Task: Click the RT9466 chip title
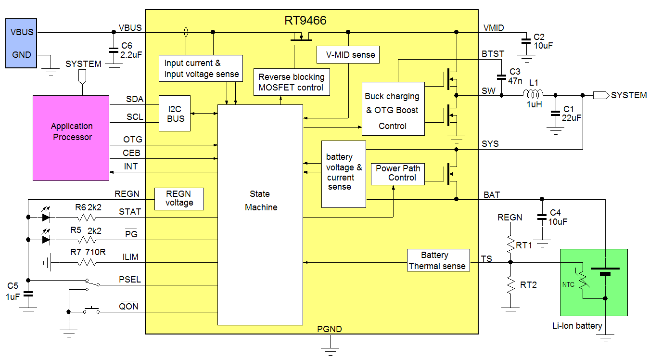coord(305,21)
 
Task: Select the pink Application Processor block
coord(71,138)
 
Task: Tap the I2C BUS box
coord(175,114)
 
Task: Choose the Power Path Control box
coord(398,173)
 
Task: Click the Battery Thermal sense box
coord(438,260)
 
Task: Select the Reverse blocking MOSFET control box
coord(292,82)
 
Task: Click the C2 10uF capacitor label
coord(543,41)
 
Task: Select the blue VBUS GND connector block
coord(21,43)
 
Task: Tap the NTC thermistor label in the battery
coord(569,284)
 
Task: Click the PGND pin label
coord(330,329)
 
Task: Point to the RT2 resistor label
coord(528,284)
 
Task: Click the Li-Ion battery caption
coord(577,326)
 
